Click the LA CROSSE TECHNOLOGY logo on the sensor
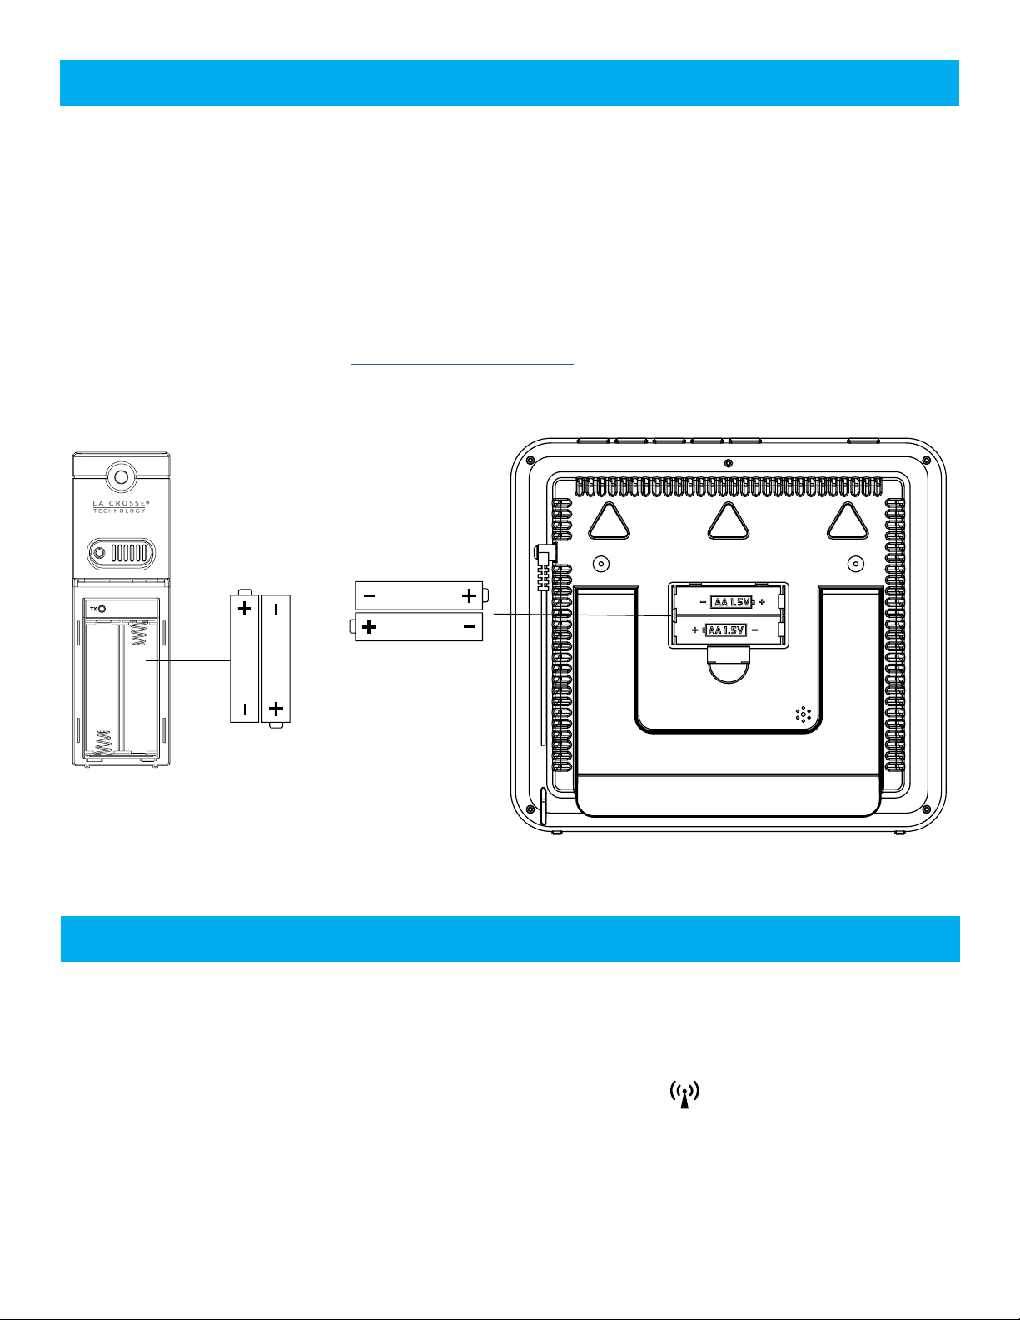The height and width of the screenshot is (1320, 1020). point(119,506)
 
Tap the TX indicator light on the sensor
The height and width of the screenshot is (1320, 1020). point(102,608)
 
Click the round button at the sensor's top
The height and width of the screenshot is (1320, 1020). point(122,477)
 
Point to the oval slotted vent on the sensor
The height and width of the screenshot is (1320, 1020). point(122,553)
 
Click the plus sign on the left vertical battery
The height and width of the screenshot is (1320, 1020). point(245,609)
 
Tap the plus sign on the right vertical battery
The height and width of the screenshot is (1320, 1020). point(276,710)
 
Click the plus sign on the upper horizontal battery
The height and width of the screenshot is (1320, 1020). point(469,595)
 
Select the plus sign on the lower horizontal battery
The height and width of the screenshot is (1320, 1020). point(367,627)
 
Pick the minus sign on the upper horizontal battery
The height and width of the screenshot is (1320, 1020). point(369,595)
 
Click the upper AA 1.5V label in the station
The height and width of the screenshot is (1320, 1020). point(732,602)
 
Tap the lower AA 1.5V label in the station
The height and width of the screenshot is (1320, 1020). point(725,630)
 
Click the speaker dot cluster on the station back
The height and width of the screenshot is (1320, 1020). point(804,714)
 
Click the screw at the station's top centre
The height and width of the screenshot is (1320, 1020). point(729,463)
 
